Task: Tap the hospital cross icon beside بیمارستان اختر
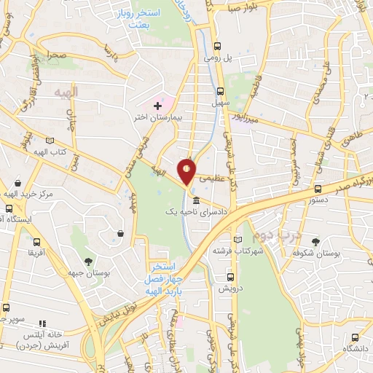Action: (x=157, y=106)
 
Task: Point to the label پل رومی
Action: (x=213, y=56)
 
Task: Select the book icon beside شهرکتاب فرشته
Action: (x=235, y=239)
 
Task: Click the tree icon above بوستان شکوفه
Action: (x=315, y=242)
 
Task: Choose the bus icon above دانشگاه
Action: (x=355, y=337)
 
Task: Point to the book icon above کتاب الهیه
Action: (x=49, y=140)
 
